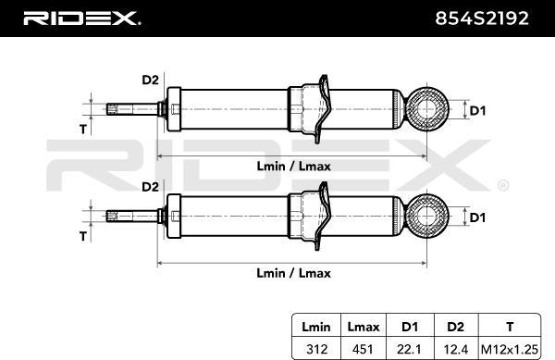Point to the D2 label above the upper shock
(x=149, y=81)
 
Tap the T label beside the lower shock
(x=82, y=236)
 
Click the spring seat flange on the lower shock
(x=320, y=215)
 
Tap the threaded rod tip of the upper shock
(x=113, y=109)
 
